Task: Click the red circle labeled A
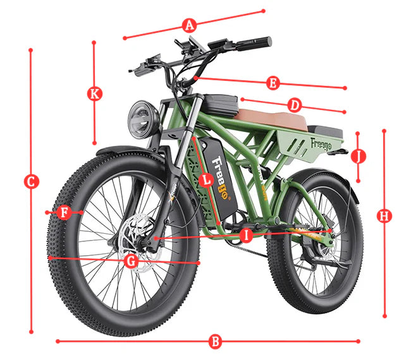(x=189, y=25)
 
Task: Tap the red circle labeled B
(x=215, y=342)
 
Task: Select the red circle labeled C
(x=31, y=181)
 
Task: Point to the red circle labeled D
(x=295, y=105)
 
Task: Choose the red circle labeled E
(x=273, y=83)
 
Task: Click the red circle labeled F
(x=64, y=212)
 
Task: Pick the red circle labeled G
(x=131, y=260)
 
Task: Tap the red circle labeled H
(x=384, y=216)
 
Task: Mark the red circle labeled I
(x=246, y=235)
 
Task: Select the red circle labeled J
(x=359, y=156)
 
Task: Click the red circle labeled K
(x=95, y=93)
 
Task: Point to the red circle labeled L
(x=207, y=180)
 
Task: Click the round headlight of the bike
(x=144, y=119)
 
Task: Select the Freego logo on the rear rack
(x=321, y=145)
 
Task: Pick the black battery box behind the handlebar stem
(x=221, y=105)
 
